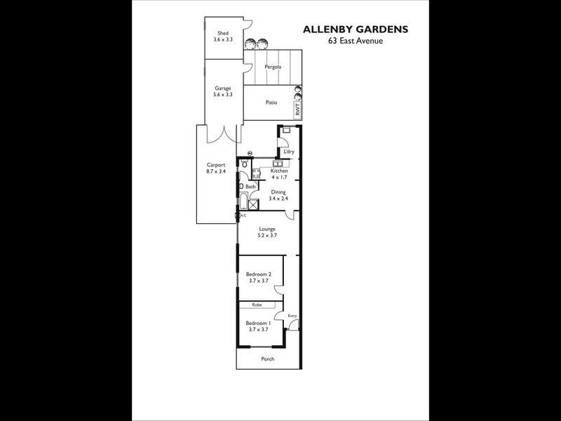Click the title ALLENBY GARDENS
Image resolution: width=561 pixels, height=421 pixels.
[x=354, y=29]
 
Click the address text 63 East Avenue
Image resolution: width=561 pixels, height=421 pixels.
[x=354, y=41]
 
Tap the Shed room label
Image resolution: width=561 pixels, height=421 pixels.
[x=223, y=33]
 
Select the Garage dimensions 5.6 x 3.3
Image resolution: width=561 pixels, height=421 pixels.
[x=223, y=94]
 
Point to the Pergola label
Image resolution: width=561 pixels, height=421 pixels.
[x=273, y=67]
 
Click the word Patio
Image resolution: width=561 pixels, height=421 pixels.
[x=271, y=102]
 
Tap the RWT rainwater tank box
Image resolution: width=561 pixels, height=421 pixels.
[x=297, y=110]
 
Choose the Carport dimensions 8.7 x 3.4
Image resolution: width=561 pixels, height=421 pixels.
[x=216, y=171]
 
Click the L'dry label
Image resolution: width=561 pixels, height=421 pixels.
[x=288, y=152]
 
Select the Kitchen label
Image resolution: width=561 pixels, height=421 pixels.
[x=279, y=171]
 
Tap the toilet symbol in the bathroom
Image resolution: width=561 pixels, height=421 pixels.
[x=243, y=165]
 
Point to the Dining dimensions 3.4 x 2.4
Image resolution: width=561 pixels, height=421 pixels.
[x=278, y=199]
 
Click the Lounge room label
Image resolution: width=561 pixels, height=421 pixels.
[x=266, y=229]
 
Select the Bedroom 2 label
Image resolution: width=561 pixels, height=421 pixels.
[x=259, y=274]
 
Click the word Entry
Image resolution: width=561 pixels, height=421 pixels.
[x=292, y=316]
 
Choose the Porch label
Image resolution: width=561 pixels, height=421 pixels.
[x=267, y=359]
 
